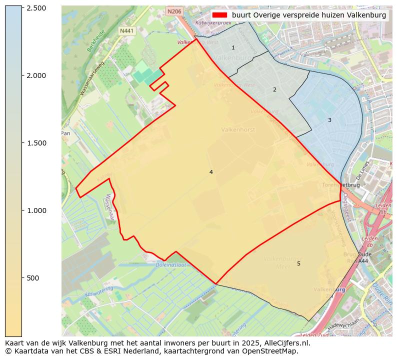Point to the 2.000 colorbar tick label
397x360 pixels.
pyautogui.click(x=35, y=75)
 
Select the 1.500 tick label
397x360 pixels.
pyautogui.click(x=35, y=143)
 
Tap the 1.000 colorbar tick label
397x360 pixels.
pyautogui.click(x=35, y=210)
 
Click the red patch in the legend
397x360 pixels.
pyautogui.click(x=219, y=15)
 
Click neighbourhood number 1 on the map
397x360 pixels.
pyautogui.click(x=233, y=47)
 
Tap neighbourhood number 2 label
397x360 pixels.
pyautogui.click(x=274, y=89)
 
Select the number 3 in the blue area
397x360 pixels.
pyautogui.click(x=329, y=120)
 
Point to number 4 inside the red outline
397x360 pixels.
pyautogui.click(x=211, y=172)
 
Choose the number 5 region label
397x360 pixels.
pyautogui.click(x=298, y=263)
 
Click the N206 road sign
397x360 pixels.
pyautogui.click(x=174, y=11)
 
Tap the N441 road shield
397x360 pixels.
pyautogui.click(x=127, y=31)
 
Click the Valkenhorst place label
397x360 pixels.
pyautogui.click(x=238, y=129)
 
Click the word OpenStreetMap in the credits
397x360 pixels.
pyautogui.click(x=274, y=351)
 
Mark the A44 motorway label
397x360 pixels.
pyautogui.click(x=363, y=261)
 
